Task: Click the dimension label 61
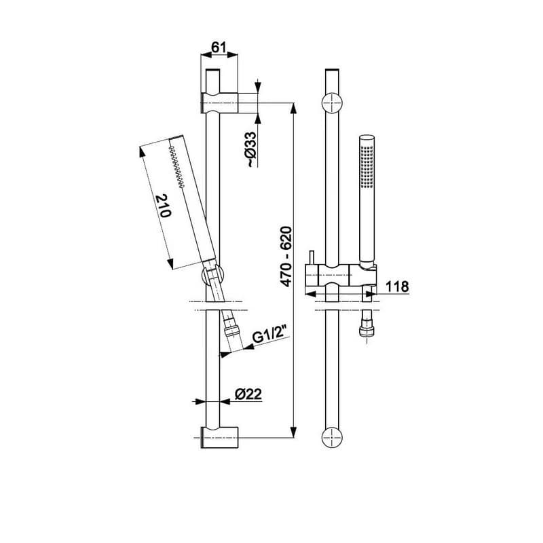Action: (x=219, y=47)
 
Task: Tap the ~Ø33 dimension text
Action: (x=251, y=149)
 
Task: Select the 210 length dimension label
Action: (x=164, y=206)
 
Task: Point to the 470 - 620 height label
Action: (x=286, y=257)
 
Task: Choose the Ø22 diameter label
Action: (x=248, y=394)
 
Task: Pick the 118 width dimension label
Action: (x=397, y=286)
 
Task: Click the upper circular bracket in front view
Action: (x=332, y=103)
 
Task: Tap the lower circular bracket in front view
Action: (x=332, y=437)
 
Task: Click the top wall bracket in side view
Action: (x=219, y=103)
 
